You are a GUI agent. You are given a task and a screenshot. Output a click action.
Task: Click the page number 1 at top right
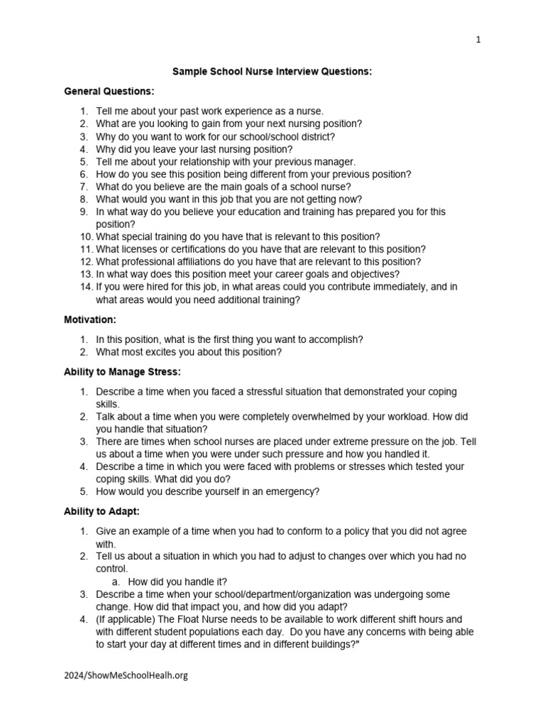478,40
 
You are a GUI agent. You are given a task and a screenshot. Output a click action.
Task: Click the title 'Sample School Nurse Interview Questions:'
272,72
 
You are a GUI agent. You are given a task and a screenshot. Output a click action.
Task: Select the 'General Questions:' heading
109,92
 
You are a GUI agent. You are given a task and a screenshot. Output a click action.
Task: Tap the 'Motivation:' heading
91,320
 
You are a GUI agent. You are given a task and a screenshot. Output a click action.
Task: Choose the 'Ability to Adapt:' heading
104,510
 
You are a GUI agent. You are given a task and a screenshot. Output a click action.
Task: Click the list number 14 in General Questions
85,287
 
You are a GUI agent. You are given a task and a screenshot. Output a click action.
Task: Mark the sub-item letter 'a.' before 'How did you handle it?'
116,581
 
